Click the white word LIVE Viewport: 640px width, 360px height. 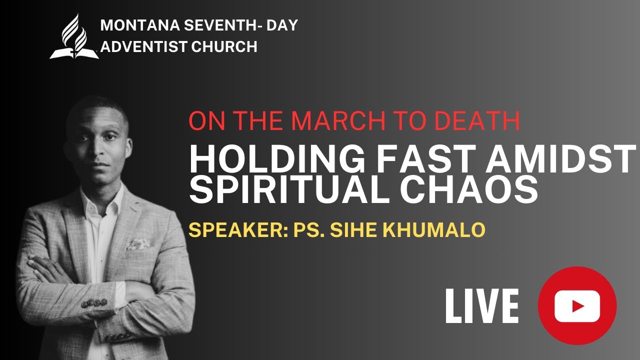[x=482, y=305]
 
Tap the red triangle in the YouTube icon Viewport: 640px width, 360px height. [x=578, y=305]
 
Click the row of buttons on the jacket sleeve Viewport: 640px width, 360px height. [x=94, y=302]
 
